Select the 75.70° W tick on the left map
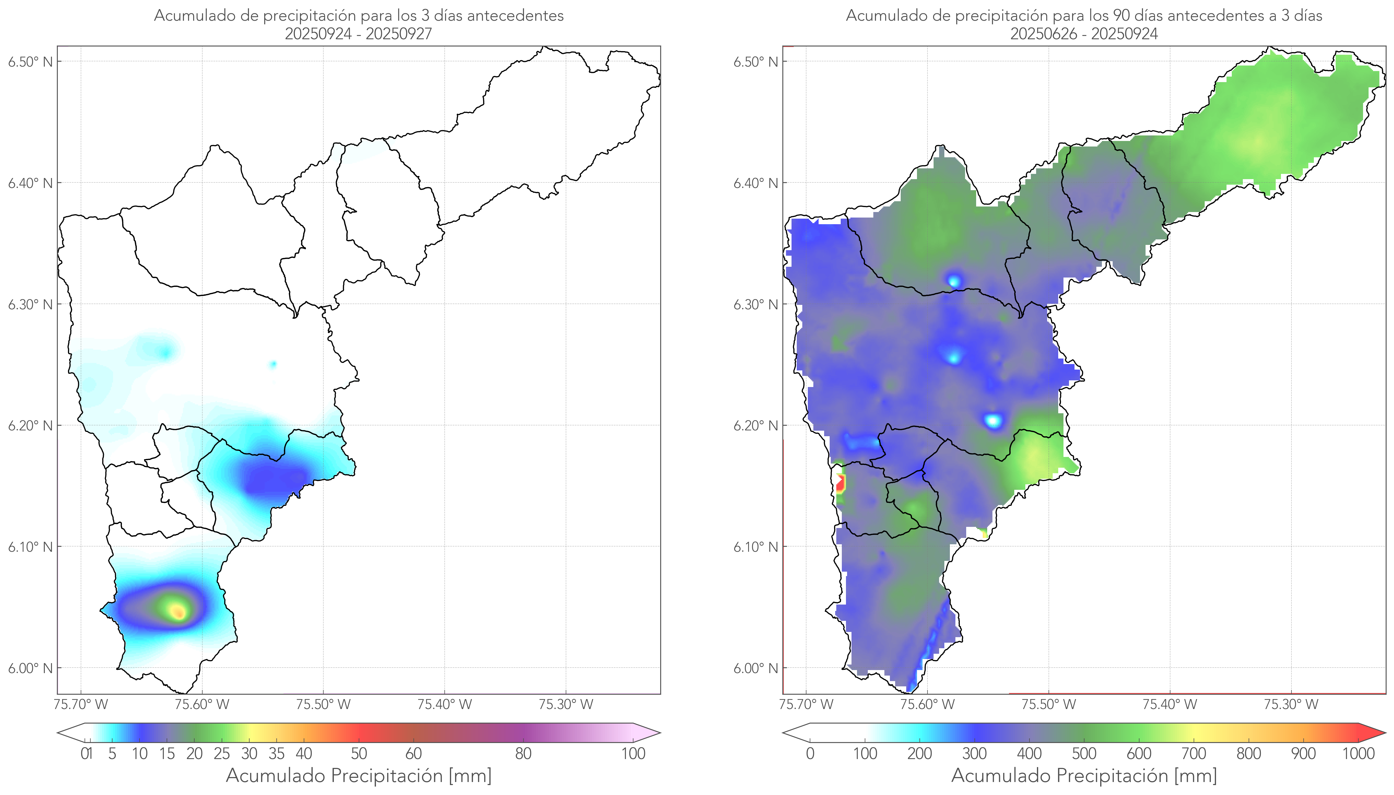point(81,704)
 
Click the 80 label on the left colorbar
point(523,754)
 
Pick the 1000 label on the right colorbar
point(1358,754)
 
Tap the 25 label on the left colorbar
point(222,754)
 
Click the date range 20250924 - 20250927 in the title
point(358,34)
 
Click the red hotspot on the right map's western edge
point(840,483)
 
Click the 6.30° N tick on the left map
point(30,304)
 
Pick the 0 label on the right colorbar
point(810,754)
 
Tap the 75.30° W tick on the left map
point(565,704)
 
